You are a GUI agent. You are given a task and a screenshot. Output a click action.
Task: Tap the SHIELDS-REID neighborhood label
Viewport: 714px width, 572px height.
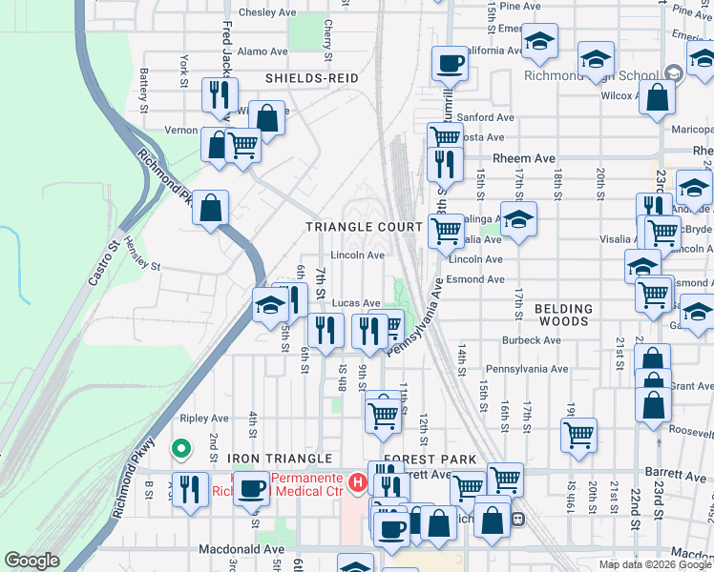pos(299,78)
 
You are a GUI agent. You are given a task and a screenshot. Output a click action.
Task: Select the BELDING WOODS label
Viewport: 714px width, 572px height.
pos(563,309)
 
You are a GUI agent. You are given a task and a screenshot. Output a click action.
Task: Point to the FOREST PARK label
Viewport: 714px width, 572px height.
pos(430,460)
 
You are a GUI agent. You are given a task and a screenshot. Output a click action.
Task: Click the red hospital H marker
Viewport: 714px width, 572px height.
pos(358,483)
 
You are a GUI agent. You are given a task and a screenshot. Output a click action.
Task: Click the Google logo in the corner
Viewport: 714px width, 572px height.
pos(31,561)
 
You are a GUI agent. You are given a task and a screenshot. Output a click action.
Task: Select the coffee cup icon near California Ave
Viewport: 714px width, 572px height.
pos(449,64)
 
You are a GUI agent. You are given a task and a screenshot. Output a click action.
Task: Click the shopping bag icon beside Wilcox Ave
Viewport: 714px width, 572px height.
pos(657,97)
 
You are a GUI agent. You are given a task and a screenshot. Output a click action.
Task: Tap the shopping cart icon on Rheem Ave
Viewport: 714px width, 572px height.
pos(445,136)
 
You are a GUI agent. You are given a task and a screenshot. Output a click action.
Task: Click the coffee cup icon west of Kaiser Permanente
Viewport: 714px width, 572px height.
pos(253,488)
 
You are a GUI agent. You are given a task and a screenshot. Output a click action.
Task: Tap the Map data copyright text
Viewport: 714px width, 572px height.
pos(655,564)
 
